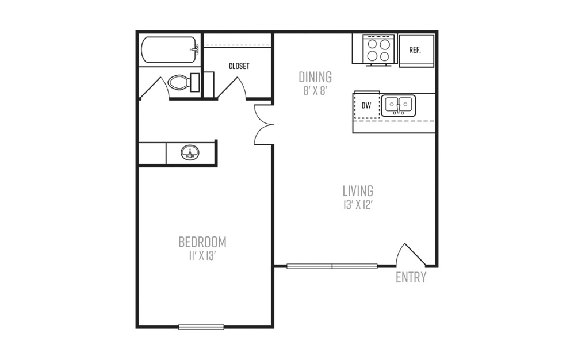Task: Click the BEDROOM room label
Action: [x=202, y=242]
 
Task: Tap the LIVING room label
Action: [x=358, y=190]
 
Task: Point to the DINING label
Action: [x=315, y=77]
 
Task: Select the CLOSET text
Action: [x=239, y=66]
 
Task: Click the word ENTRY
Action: [x=411, y=277]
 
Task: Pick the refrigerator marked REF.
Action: [x=416, y=51]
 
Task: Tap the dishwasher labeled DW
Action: [x=366, y=106]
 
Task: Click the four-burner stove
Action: [x=378, y=50]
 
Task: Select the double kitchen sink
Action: [x=398, y=106]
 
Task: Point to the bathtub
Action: [x=170, y=49]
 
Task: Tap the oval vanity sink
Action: [x=190, y=152]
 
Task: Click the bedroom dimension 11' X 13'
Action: [x=202, y=256]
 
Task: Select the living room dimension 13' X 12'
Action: [x=358, y=205]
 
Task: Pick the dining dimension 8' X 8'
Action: [x=315, y=91]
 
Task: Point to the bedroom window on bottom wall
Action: [x=201, y=327]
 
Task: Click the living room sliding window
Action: [x=332, y=266]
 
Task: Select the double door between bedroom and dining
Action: [x=265, y=125]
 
